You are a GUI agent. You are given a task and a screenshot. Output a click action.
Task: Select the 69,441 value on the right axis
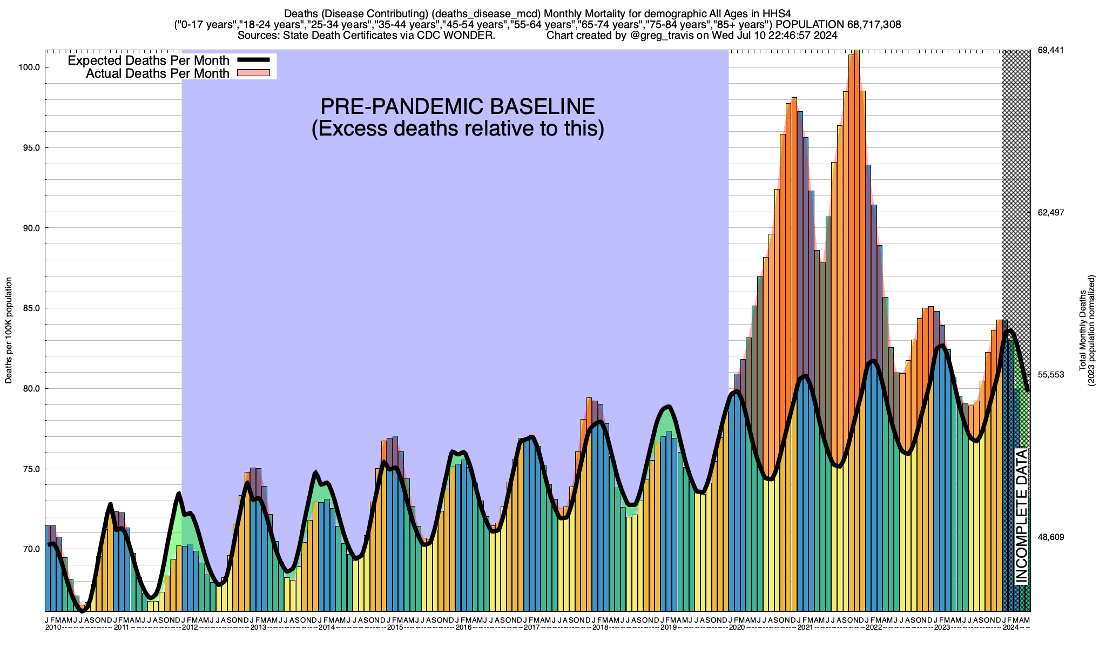(x=1051, y=50)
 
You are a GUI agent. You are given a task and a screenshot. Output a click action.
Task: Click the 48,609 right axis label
(x=1051, y=537)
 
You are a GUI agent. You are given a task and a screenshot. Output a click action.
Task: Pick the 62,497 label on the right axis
(x=1051, y=212)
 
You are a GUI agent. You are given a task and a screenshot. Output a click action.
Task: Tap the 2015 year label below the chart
(x=395, y=627)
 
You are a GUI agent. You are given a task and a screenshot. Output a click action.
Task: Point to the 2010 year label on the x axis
(x=53, y=627)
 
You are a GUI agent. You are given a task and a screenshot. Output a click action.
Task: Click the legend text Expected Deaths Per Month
(x=149, y=60)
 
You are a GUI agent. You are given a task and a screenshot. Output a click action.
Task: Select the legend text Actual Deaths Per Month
(x=158, y=73)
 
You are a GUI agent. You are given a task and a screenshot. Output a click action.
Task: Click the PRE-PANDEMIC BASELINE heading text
(x=457, y=106)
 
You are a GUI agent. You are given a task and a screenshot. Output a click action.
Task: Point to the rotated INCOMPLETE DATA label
(x=1021, y=516)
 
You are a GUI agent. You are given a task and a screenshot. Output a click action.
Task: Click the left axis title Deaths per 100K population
(x=9, y=330)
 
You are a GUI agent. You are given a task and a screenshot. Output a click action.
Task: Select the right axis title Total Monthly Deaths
(x=1083, y=330)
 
